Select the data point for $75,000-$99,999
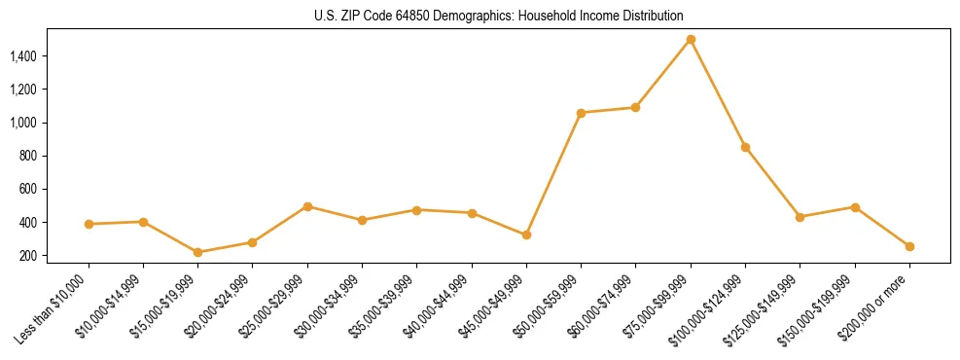[x=691, y=40]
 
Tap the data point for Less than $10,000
[x=89, y=224]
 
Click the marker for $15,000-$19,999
[x=197, y=252]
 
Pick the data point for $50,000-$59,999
[x=581, y=113]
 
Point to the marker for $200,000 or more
[x=909, y=246]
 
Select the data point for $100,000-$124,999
[x=745, y=147]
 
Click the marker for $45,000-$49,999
[x=526, y=234]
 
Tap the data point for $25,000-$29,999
[x=307, y=206]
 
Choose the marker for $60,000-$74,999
[x=635, y=107]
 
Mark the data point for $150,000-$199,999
[x=855, y=207]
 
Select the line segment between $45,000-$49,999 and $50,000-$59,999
[x=553, y=174]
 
